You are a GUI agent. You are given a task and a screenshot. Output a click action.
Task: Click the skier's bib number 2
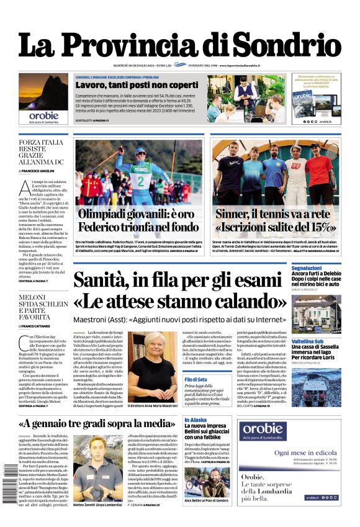click(x=140, y=182)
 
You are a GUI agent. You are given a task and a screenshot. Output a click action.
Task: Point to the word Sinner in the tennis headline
click(x=235, y=215)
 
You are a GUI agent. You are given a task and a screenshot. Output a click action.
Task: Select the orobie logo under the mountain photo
click(x=43, y=115)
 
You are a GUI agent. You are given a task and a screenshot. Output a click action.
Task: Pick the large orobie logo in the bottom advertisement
click(x=263, y=430)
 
